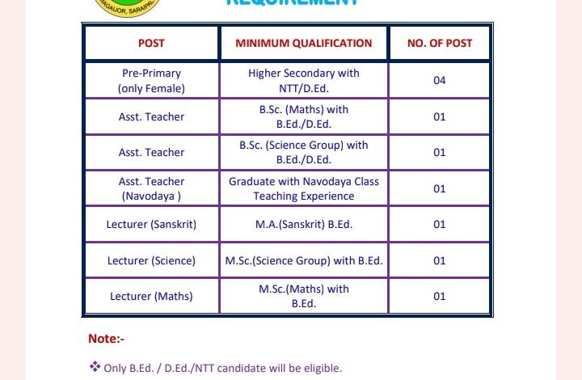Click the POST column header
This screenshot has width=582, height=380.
click(151, 43)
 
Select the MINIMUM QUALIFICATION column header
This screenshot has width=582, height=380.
click(304, 43)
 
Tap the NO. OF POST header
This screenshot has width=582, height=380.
click(440, 43)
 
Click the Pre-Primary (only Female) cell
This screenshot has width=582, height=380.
click(151, 80)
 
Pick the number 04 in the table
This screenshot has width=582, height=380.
click(440, 80)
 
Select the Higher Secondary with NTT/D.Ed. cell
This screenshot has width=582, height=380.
click(304, 80)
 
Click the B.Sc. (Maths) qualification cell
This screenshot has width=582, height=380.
click(304, 116)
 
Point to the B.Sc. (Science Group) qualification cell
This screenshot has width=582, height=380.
click(304, 152)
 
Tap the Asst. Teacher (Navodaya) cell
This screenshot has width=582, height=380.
click(151, 188)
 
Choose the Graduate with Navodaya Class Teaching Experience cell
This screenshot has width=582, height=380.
click(304, 188)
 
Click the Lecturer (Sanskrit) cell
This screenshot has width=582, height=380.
click(151, 224)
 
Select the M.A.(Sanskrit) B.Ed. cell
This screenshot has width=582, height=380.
click(304, 224)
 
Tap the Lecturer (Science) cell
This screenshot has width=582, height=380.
click(151, 260)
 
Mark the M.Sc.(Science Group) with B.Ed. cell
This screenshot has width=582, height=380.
click(304, 260)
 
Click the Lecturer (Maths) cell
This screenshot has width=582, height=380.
click(151, 296)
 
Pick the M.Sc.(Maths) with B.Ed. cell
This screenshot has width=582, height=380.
click(304, 296)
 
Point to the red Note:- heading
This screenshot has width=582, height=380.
click(106, 339)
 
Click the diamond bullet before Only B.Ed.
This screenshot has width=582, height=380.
click(95, 367)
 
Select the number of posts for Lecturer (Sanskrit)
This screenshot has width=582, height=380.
click(440, 224)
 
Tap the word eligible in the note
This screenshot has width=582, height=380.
click(323, 369)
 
